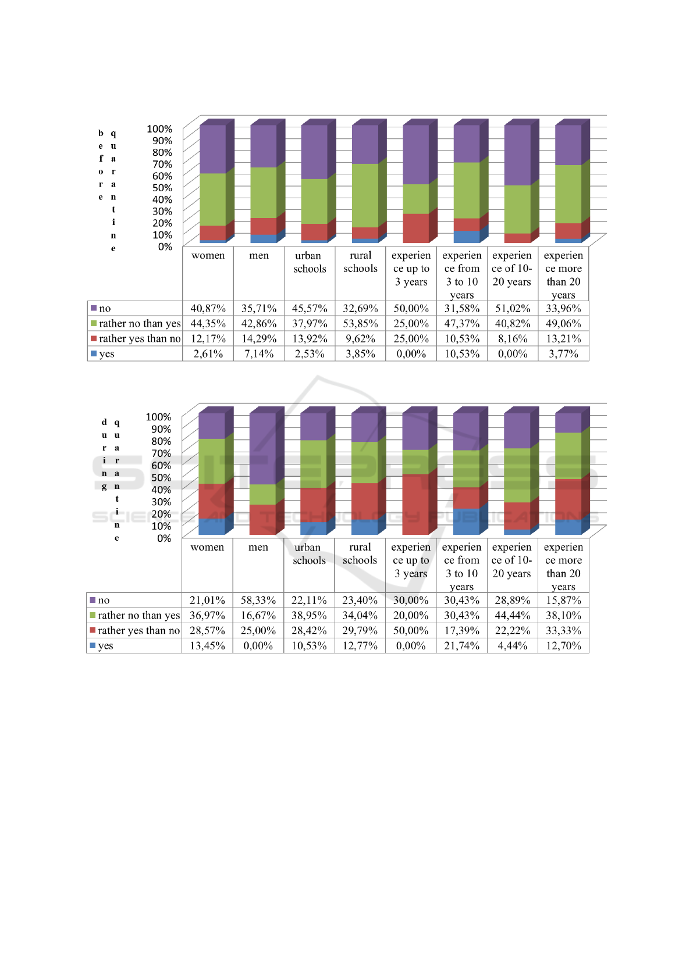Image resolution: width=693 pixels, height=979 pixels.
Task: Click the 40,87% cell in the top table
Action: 208,308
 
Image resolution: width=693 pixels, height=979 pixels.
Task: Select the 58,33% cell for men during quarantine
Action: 258,600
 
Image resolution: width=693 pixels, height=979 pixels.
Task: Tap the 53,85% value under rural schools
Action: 360,323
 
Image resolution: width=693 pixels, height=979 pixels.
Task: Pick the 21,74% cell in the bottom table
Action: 461,645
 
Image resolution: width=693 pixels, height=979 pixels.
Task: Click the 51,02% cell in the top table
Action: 512,308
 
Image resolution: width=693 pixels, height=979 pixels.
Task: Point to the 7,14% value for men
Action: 259,353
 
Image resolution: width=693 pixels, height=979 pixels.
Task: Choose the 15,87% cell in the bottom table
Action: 563,600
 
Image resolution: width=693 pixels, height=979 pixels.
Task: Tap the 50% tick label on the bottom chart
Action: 161,477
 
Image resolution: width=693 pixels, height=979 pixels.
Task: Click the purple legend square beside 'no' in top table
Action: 93,308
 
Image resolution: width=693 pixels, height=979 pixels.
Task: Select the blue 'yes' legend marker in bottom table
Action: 93,645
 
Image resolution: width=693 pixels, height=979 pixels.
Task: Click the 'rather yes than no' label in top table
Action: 140,338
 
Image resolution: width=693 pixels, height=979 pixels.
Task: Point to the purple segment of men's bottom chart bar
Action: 262,448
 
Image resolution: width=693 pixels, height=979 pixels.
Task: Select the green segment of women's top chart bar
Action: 212,199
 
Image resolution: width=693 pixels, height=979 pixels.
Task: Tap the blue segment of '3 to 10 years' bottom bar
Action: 466,521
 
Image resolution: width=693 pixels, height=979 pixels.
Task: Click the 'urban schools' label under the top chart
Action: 310,262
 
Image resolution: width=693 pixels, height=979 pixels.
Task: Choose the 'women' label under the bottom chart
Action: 207,547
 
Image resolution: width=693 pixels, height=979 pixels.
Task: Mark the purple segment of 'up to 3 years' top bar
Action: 415,154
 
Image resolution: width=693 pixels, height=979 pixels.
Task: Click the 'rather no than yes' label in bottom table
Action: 138,615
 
